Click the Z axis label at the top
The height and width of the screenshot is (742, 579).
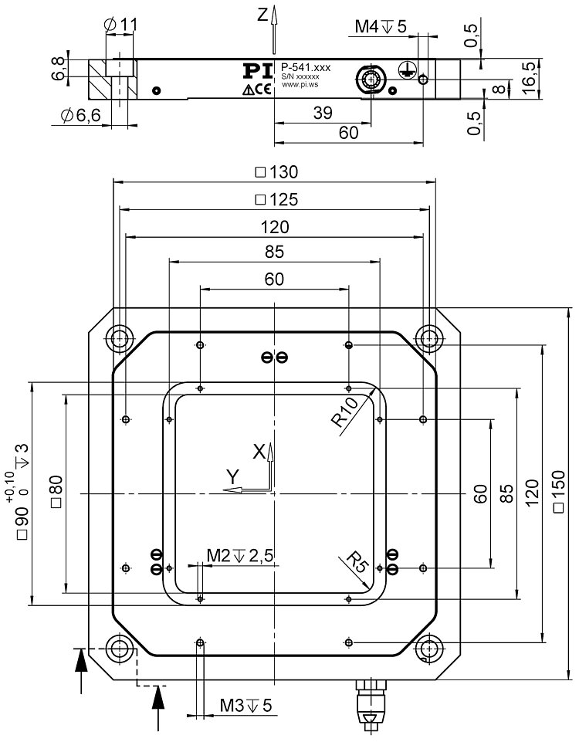262,13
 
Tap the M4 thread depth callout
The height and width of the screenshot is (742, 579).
380,27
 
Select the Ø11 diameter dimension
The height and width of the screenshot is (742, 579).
120,24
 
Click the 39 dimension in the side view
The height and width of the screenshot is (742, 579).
323,112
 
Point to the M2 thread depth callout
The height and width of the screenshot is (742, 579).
241,555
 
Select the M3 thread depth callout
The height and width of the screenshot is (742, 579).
246,705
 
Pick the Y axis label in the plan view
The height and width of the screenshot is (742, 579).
231,477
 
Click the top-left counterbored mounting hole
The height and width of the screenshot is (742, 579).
119,337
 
